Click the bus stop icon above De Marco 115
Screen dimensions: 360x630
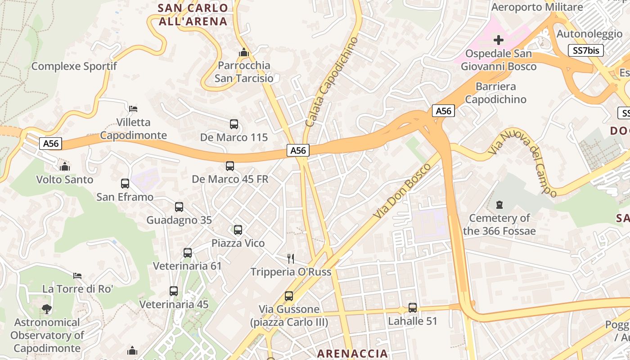pyautogui.click(x=234, y=124)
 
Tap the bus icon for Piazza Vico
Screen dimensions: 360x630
pyautogui.click(x=238, y=230)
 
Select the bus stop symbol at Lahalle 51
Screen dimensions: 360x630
pyautogui.click(x=413, y=308)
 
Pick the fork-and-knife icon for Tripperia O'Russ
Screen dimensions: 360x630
pyautogui.click(x=291, y=258)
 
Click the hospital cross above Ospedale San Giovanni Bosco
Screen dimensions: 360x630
pyautogui.click(x=499, y=40)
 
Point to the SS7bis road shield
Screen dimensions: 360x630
pyautogui.click(x=585, y=50)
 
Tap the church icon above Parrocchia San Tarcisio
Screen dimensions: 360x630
pyautogui.click(x=244, y=52)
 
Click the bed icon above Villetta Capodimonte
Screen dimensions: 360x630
pyautogui.click(x=133, y=109)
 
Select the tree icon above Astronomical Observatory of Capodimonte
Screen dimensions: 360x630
pyautogui.click(x=46, y=309)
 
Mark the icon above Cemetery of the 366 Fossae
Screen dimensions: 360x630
pyautogui.click(x=499, y=205)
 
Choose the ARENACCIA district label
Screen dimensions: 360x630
pyautogui.click(x=352, y=353)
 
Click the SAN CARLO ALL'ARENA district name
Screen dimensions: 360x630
pyautogui.click(x=193, y=14)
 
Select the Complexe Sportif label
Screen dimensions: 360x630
pyautogui.click(x=74, y=66)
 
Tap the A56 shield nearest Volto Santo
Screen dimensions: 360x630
pyautogui.click(x=50, y=144)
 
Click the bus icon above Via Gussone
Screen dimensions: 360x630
pyautogui.click(x=289, y=296)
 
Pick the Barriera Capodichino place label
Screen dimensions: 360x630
pyautogui.click(x=495, y=92)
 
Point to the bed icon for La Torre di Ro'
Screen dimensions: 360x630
pyautogui.click(x=77, y=275)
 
